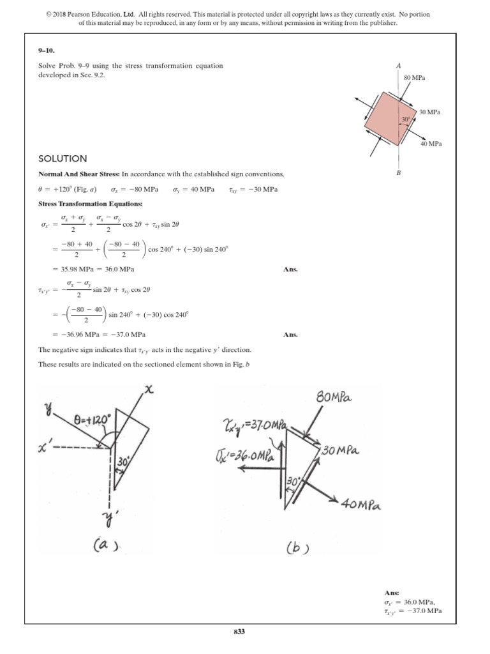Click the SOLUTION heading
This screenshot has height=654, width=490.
[63, 158]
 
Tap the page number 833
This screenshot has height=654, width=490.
[240, 632]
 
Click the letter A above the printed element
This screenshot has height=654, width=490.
[398, 66]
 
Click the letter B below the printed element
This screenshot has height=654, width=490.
[398, 172]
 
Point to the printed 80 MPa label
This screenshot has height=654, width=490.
[415, 78]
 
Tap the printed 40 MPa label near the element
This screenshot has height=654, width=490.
[431, 144]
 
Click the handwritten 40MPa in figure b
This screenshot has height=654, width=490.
[360, 505]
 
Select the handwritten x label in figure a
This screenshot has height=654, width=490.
[150, 390]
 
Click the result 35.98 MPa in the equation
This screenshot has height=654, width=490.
[70, 269]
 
